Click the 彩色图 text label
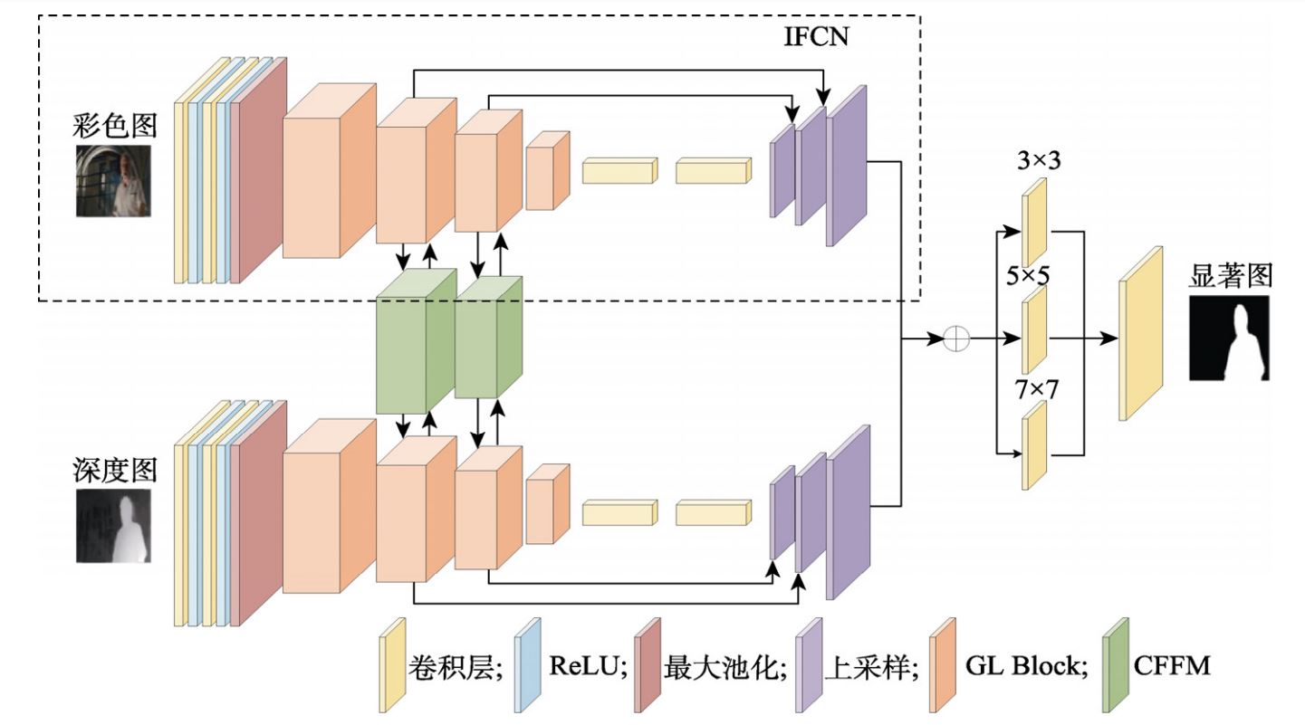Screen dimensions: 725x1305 coord(114,125)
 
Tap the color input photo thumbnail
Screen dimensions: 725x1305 coord(113,180)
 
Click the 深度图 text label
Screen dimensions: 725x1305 coord(114,470)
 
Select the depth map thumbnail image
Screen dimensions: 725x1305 coord(113,526)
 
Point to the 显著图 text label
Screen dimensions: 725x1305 coord(1230,275)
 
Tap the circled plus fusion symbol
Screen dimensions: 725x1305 coord(956,339)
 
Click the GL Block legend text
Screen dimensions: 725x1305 coord(1025,667)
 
